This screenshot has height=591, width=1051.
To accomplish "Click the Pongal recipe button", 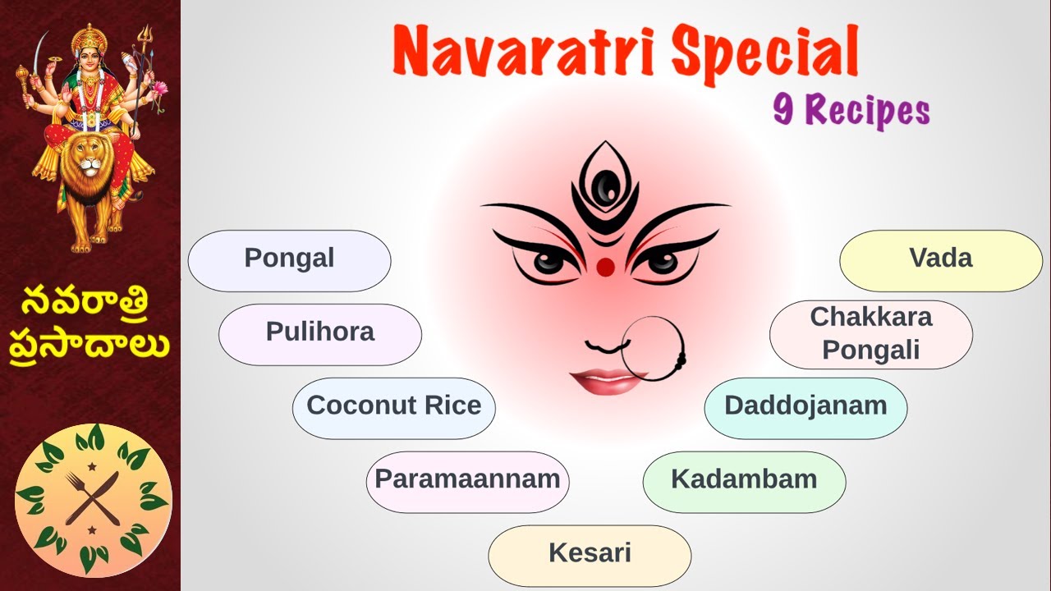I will pos(289,260).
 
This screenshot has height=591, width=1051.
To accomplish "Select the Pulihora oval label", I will pos(319,334).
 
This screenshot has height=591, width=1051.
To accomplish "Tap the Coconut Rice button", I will pos(393,408).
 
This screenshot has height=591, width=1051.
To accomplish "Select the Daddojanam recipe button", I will pos(805,408).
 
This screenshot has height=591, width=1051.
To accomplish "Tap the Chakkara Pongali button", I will pos(870,334).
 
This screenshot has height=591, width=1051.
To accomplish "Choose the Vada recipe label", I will pos(940,260).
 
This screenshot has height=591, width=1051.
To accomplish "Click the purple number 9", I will pos(783,109).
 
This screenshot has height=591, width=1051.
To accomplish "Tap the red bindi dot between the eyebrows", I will pos(605,267).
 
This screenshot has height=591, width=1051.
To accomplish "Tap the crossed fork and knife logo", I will pos(93,498).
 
